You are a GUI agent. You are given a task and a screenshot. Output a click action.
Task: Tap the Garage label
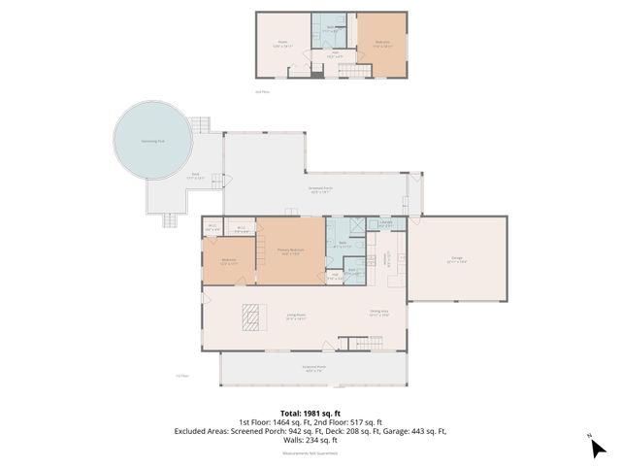coord(455,259)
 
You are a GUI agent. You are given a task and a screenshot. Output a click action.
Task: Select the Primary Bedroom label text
coord(291,251)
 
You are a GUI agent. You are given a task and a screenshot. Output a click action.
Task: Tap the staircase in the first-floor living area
coord(355,345)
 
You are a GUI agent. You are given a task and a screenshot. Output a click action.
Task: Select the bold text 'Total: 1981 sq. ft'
coord(310,413)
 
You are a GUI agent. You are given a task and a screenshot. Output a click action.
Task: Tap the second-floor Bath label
coord(330,28)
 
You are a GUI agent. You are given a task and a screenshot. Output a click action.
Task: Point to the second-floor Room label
coord(283,43)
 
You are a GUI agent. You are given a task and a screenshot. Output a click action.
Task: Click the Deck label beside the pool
coord(195,176)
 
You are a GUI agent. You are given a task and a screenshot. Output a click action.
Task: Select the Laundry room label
coord(385,223)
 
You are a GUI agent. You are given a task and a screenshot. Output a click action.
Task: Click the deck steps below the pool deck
coord(171,218)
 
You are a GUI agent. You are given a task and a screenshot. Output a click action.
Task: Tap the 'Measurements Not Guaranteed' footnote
coord(310,453)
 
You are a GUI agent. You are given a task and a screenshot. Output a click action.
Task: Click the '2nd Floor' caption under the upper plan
coord(261,92)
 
